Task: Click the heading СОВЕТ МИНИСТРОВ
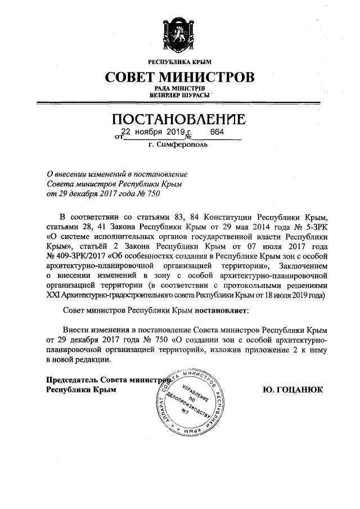pyautogui.click(x=179, y=76)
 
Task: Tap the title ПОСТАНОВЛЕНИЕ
pyautogui.click(x=179, y=119)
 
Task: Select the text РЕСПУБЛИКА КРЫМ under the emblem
pyautogui.click(x=179, y=61)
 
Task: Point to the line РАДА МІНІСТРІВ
pyautogui.click(x=179, y=88)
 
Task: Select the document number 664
pyautogui.click(x=217, y=132)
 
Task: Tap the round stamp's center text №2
pyautogui.click(x=184, y=411)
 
